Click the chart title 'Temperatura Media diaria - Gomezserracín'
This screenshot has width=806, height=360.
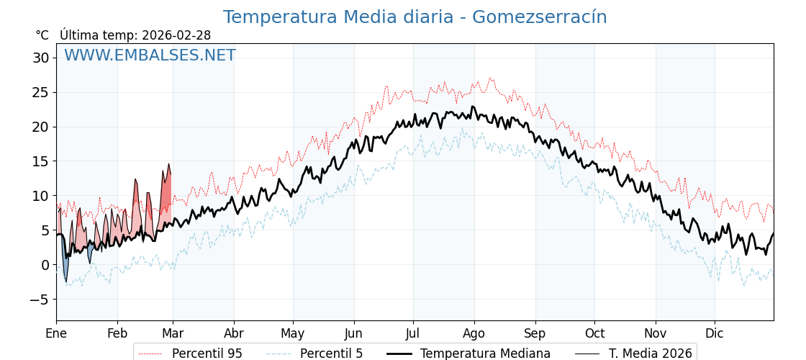click(415, 17)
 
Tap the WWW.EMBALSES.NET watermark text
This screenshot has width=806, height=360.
click(150, 55)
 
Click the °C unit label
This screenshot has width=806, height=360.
click(42, 35)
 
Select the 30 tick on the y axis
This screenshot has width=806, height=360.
click(41, 58)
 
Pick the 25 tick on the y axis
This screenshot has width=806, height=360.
click(41, 92)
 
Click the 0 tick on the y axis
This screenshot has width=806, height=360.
click(45, 265)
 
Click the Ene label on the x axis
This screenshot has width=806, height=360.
click(56, 333)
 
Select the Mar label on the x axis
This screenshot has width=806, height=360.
click(173, 333)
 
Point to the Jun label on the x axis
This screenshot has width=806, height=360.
click(353, 333)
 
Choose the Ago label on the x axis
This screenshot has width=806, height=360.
click(474, 333)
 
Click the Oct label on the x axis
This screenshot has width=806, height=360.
click(594, 333)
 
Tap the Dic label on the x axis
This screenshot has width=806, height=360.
click(715, 333)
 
